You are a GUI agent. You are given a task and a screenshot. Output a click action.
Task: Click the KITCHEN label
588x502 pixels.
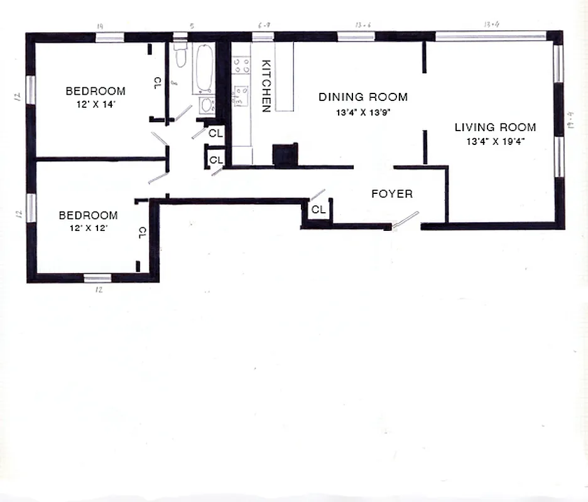(x=266, y=86)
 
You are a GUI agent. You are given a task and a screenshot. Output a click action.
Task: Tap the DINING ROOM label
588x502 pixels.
(x=362, y=97)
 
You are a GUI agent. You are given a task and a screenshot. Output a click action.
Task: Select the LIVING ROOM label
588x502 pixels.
(x=495, y=127)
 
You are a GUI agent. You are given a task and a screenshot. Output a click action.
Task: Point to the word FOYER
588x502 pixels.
(x=392, y=194)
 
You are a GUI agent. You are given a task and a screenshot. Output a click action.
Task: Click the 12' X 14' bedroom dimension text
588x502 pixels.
(x=95, y=105)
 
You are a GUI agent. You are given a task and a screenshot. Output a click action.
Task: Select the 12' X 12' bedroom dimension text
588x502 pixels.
(x=89, y=228)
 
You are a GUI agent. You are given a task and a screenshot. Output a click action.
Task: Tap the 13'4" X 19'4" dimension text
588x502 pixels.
(x=495, y=141)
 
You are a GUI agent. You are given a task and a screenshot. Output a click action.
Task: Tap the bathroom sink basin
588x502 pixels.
(x=205, y=105)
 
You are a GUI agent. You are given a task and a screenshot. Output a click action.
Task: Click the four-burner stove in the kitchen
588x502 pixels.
(x=241, y=64)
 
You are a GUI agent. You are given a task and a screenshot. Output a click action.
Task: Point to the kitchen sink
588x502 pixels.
(x=241, y=95)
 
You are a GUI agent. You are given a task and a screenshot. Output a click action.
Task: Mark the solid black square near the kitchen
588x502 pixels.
(x=285, y=155)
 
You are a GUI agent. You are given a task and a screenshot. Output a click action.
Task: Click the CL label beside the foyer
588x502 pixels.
(x=318, y=210)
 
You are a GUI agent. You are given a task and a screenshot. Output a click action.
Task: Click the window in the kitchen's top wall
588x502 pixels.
(x=263, y=36)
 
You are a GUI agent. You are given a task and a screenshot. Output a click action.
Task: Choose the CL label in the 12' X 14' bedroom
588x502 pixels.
(x=157, y=83)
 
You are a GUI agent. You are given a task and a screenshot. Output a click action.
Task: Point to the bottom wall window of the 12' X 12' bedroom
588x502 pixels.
(x=98, y=278)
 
